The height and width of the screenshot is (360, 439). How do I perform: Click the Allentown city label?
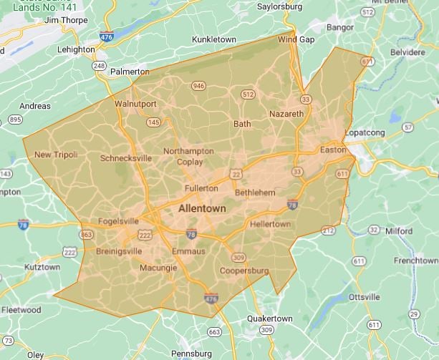202,208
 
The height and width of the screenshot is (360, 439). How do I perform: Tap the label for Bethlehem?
255,193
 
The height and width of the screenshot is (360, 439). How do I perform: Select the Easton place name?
332,150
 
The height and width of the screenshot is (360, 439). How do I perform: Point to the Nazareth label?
286,114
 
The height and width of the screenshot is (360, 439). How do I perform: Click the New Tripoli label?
56,155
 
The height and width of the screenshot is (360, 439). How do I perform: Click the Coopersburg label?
244,271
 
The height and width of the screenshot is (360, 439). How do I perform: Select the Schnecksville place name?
126,157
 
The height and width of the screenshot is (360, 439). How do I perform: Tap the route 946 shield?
198,87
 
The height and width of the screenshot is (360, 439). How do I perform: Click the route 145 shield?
153,122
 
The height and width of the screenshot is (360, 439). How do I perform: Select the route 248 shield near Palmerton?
99,66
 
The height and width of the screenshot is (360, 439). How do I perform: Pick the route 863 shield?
87,234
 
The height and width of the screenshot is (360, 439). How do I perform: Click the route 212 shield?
328,230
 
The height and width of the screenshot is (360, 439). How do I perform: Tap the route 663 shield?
214,331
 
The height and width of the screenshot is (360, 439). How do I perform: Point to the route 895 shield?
15,120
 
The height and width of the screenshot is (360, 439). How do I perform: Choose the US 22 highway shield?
236,174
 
